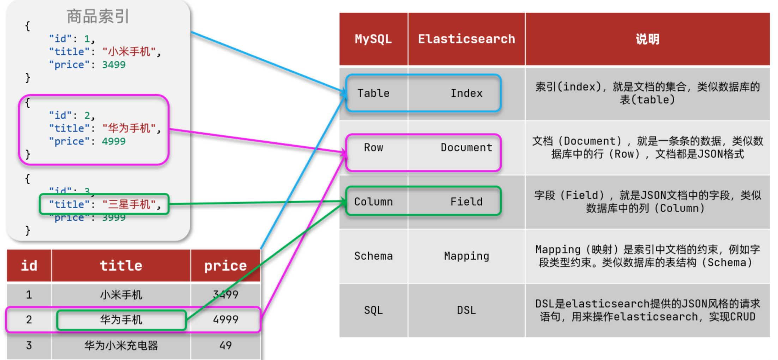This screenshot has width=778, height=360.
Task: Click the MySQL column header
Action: [373, 39]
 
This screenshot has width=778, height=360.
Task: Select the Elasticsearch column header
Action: [466, 39]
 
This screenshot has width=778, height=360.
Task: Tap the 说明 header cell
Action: [647, 39]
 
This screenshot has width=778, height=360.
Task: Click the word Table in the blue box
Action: [373, 93]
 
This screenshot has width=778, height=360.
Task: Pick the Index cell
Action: [466, 93]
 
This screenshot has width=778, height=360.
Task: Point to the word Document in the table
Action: [466, 148]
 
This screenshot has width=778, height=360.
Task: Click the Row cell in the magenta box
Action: [373, 148]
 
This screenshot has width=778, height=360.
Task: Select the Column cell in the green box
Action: [373, 202]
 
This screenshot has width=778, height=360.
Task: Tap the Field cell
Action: [466, 202]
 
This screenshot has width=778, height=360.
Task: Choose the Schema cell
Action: [373, 256]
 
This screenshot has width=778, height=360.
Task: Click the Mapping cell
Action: [466, 256]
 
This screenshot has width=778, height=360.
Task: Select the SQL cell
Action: [373, 310]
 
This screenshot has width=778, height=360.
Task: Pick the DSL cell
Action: [466, 310]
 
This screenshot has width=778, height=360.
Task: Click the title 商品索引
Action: [98, 17]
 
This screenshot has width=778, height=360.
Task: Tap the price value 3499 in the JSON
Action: [114, 65]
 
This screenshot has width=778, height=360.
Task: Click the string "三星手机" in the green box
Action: [129, 204]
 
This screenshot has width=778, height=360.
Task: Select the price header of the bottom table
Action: [225, 266]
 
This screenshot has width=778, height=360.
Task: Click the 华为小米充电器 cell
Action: [121, 345]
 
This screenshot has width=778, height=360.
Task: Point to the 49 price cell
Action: [225, 345]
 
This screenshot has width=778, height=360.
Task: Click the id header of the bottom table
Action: [29, 266]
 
